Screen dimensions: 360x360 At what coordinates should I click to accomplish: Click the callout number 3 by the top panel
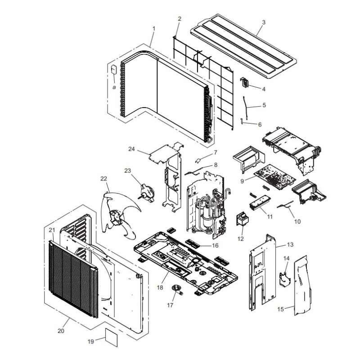[x=264, y=22]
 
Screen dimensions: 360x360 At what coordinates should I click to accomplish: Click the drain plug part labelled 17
[x=177, y=289]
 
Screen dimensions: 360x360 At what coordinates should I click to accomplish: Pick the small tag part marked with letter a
[x=114, y=70]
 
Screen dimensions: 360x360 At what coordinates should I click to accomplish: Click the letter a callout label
[x=114, y=87]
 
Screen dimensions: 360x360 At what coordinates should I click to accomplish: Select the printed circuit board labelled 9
[x=275, y=177]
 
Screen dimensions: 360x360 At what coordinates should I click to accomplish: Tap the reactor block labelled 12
[x=242, y=219]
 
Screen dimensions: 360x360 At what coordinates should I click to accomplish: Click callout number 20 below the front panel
[x=61, y=331]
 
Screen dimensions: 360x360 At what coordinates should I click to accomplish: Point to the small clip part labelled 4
[x=244, y=82]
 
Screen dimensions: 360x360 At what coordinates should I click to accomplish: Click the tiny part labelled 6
[x=242, y=121]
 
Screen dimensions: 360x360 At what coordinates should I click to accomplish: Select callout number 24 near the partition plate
[x=131, y=149]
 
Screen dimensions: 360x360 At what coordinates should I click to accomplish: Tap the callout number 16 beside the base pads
[x=215, y=245]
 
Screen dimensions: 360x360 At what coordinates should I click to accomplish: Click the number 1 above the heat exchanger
[x=154, y=29]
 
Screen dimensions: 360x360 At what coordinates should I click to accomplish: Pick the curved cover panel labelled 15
[x=302, y=285]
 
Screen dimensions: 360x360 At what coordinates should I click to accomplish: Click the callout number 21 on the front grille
[x=52, y=230]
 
